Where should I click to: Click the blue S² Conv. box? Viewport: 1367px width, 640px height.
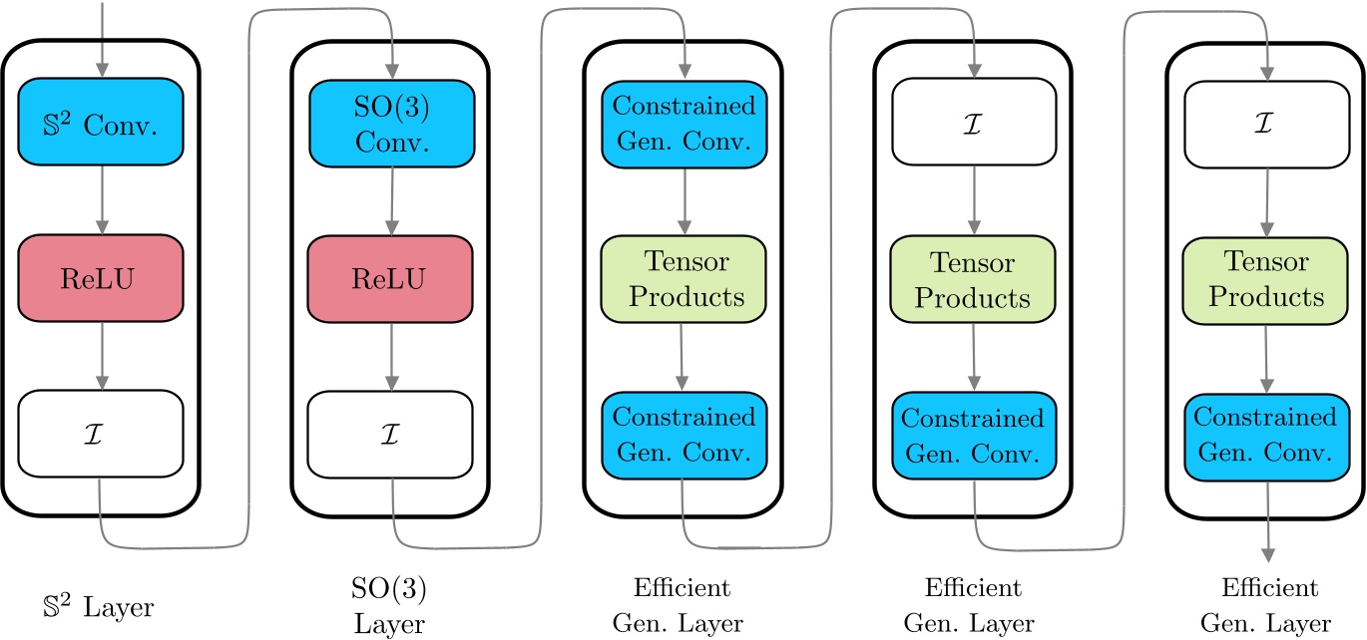point(100,124)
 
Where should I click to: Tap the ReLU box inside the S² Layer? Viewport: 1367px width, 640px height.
point(100,278)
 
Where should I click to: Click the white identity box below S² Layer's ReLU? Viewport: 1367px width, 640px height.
point(100,434)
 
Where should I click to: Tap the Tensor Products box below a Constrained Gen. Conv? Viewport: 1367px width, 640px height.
point(683,279)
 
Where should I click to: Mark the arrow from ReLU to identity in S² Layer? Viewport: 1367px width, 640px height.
point(100,356)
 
